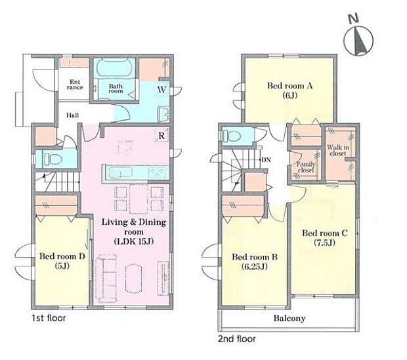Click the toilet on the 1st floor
pos(52,159)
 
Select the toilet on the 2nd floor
pos(232,135)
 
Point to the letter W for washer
pos(161,90)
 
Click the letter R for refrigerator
pos(161,136)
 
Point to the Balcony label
pos(289,318)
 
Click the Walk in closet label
pos(338,150)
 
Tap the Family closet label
pos(306,167)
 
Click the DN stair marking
pos(266,160)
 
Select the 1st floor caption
pos(49,317)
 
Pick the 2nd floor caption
pos(237,338)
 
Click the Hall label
pos(73,115)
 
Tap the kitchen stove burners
pos(158,172)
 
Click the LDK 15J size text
pos(134,241)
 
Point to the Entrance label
pos(75,85)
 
